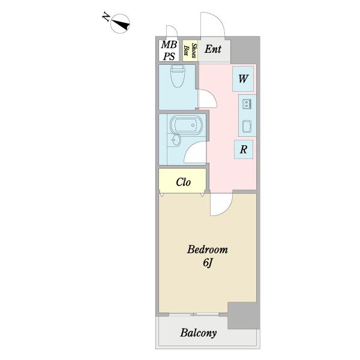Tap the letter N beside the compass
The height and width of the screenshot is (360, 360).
(106, 19)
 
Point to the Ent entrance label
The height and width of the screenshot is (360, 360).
(213, 50)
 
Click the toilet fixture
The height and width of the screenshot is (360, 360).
(178, 77)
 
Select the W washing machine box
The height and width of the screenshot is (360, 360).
(244, 79)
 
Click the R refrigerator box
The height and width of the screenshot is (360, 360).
(244, 149)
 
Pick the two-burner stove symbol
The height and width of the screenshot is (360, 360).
(247, 104)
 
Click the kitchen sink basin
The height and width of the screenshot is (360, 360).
(247, 126)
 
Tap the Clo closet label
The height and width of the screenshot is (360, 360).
(184, 182)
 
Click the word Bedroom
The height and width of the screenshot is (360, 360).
(208, 250)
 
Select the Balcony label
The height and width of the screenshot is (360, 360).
(199, 333)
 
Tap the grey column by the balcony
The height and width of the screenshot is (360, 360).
(242, 315)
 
